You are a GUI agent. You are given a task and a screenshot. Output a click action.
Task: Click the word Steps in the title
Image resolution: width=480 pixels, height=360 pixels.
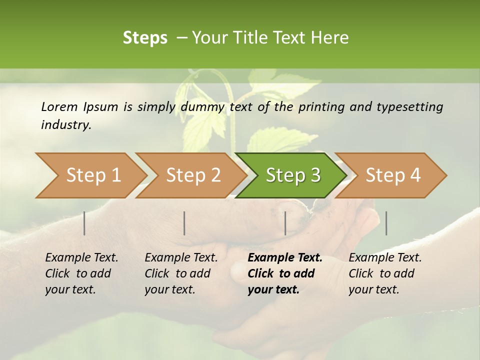point(145,38)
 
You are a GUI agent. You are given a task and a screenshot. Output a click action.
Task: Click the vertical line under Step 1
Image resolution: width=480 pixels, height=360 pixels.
point(84,223)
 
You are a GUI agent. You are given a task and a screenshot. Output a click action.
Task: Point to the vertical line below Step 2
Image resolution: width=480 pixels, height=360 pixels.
point(184,223)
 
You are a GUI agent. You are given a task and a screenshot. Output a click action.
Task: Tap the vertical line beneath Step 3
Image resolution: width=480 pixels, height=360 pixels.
point(285,223)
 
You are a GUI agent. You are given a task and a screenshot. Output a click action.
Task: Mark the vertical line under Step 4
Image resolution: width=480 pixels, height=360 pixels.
point(386,223)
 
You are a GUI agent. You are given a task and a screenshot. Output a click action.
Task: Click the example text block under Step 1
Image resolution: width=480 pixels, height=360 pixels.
point(81,273)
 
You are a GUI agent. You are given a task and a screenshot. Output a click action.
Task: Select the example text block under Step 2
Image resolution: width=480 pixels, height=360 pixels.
point(180,273)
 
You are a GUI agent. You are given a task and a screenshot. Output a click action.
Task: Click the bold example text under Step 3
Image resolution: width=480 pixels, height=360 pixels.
point(284,273)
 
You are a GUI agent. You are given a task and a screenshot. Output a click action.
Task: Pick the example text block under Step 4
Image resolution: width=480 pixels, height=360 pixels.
point(384,273)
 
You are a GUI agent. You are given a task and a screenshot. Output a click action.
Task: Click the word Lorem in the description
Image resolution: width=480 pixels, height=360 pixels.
point(59,106)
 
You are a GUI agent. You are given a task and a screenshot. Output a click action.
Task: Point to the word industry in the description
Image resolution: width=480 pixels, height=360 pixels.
point(65,125)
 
